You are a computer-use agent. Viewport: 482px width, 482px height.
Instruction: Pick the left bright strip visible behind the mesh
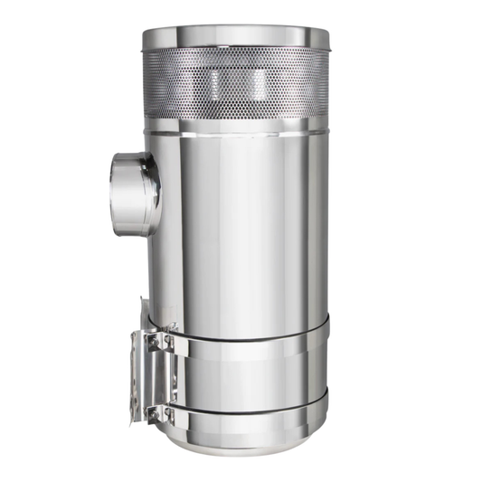(214, 86)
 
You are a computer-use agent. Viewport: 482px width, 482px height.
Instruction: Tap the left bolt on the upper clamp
(155, 342)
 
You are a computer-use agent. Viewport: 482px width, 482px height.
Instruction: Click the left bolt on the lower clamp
(155, 412)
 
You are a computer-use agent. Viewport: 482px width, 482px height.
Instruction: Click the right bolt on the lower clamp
(169, 412)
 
